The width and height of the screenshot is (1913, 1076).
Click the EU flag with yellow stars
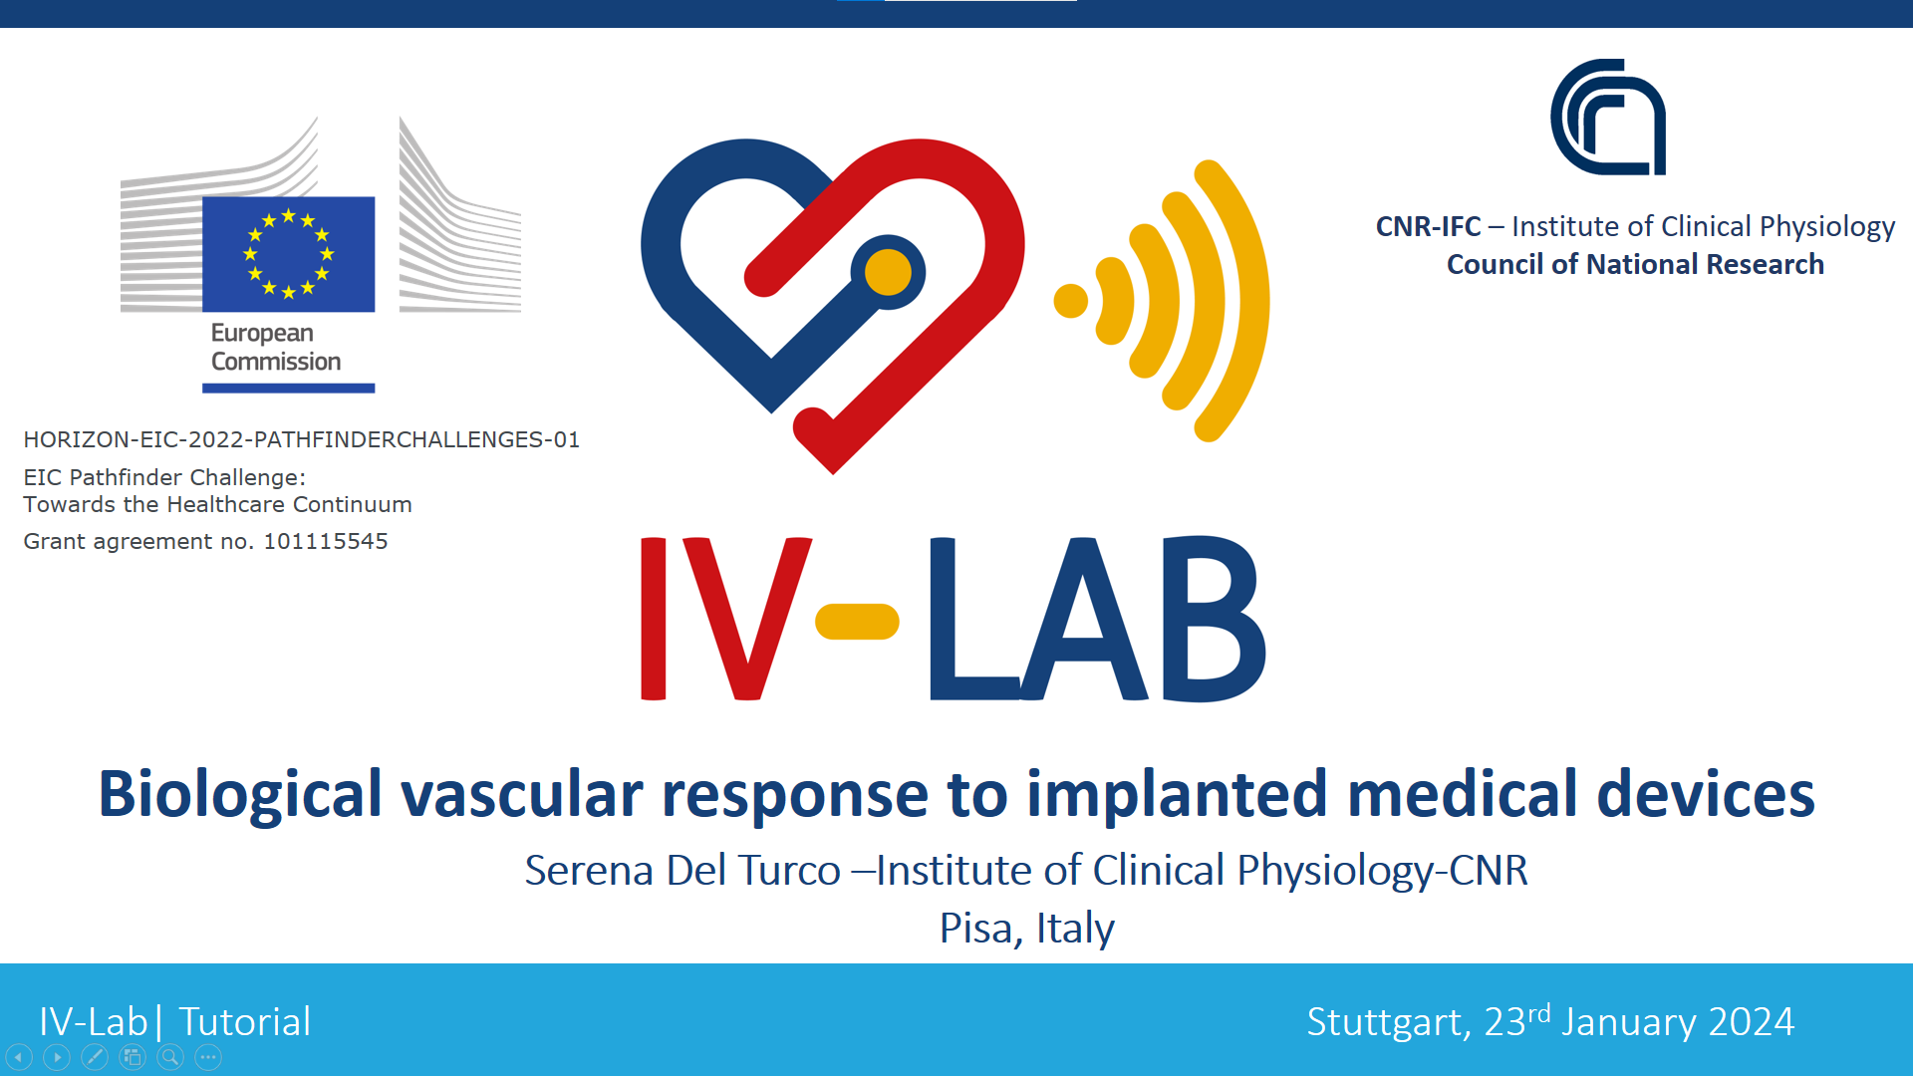pyautogui.click(x=289, y=254)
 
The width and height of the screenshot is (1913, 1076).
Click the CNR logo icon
pyautogui.click(x=1608, y=117)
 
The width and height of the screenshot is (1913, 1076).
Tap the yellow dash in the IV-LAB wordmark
pyautogui.click(x=857, y=622)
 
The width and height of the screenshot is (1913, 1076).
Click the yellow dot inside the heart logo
pyautogui.click(x=888, y=272)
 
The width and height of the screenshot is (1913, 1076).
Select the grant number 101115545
pyautogui.click(x=326, y=541)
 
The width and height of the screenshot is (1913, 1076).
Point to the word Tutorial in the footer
pyautogui.click(x=245, y=1022)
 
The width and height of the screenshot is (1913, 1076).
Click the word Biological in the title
pyautogui.click(x=240, y=796)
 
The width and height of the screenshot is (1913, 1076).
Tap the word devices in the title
pyautogui.click(x=1706, y=794)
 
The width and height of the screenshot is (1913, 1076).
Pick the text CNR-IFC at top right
pyautogui.click(x=1428, y=226)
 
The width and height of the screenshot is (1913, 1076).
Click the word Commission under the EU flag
pyautogui.click(x=276, y=362)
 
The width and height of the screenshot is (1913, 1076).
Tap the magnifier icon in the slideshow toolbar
pyautogui.click(x=170, y=1057)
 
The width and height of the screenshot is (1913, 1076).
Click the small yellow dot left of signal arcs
pyautogui.click(x=1071, y=301)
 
